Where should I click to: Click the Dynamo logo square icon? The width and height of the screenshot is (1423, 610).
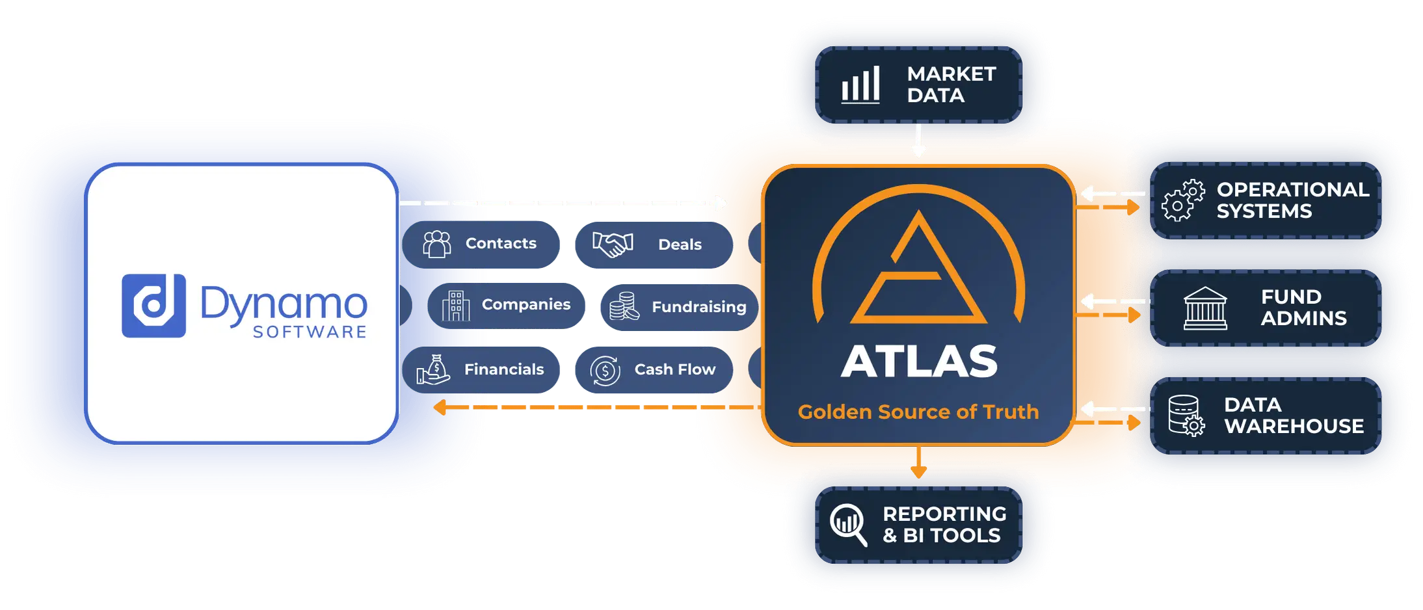(x=153, y=306)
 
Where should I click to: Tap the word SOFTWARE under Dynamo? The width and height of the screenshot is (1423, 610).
(x=310, y=332)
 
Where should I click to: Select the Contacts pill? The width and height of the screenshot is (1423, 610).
(x=481, y=245)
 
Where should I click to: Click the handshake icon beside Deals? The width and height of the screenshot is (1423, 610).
(x=613, y=245)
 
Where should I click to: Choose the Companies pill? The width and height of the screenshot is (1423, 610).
(x=506, y=306)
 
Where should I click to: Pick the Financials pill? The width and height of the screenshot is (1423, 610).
(x=481, y=369)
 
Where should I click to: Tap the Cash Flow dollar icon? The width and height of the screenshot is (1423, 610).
(x=605, y=371)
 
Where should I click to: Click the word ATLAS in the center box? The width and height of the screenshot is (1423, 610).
(x=919, y=361)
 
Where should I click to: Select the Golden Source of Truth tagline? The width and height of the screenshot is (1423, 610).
(x=918, y=412)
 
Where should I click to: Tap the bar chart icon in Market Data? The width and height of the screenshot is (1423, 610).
(x=860, y=85)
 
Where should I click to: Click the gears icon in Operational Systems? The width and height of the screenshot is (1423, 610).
(x=1183, y=200)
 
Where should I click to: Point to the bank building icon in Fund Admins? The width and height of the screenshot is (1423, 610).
(x=1205, y=308)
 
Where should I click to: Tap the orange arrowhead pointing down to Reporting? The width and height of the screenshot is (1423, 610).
(x=918, y=471)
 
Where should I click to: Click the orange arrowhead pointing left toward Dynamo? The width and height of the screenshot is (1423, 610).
(x=440, y=407)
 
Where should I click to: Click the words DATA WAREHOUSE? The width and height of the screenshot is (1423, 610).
(x=1294, y=416)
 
